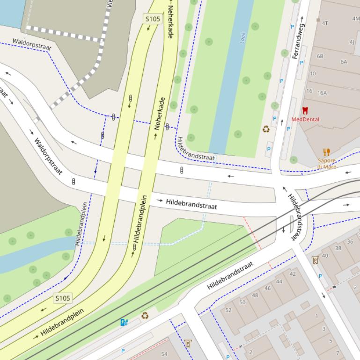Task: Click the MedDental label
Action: pyautogui.click(x=305, y=119)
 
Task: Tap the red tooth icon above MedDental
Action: pyautogui.click(x=305, y=111)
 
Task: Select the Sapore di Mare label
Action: pyautogui.click(x=327, y=164)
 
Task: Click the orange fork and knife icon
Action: pyautogui.click(x=327, y=152)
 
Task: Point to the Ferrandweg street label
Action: pyautogui.click(x=298, y=43)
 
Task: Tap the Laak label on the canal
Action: pyautogui.click(x=243, y=38)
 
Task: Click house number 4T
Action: pyautogui.click(x=325, y=23)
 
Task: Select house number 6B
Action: pyautogui.click(x=320, y=56)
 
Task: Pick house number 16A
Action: pyautogui.click(x=322, y=93)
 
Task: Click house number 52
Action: pyautogui.click(x=228, y=310)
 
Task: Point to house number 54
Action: pyautogui.click(x=164, y=354)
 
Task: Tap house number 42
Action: pyautogui.click(x=293, y=274)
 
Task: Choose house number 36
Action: pyautogui.click(x=350, y=242)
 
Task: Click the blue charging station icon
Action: pyautogui.click(x=124, y=322)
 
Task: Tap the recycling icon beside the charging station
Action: pyautogui.click(x=145, y=316)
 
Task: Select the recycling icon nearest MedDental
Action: pyautogui.click(x=266, y=129)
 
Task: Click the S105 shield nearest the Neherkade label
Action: pyautogui.click(x=153, y=19)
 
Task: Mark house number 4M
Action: pyautogui.click(x=356, y=19)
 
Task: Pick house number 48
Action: pyautogui.click(x=255, y=295)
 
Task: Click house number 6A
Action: pyautogui.click(x=344, y=62)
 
